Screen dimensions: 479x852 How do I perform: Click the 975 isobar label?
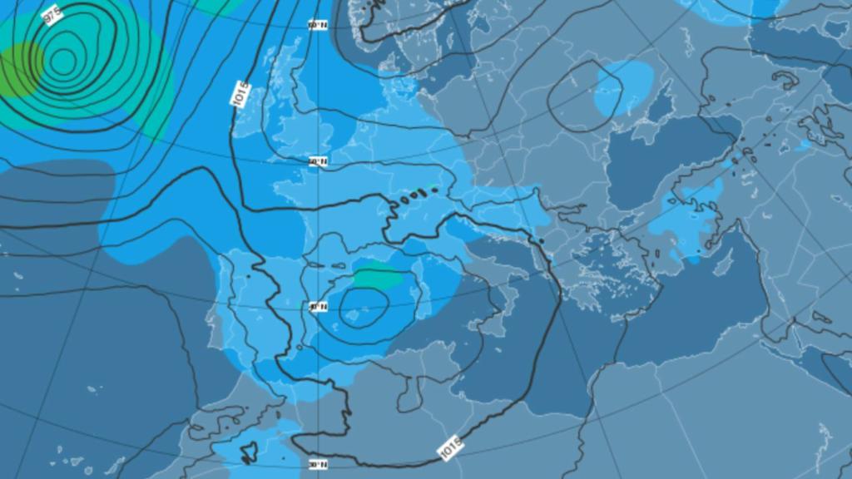tap(52, 15)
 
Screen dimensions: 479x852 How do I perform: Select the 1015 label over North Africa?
tap(449, 450)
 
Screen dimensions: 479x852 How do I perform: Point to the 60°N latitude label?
tap(317, 25)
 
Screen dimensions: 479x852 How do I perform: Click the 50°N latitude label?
tap(317, 161)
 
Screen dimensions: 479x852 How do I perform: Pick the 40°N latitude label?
tap(317, 306)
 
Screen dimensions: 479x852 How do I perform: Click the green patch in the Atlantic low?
tap(18, 71)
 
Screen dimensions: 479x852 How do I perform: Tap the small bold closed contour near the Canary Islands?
tap(247, 453)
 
